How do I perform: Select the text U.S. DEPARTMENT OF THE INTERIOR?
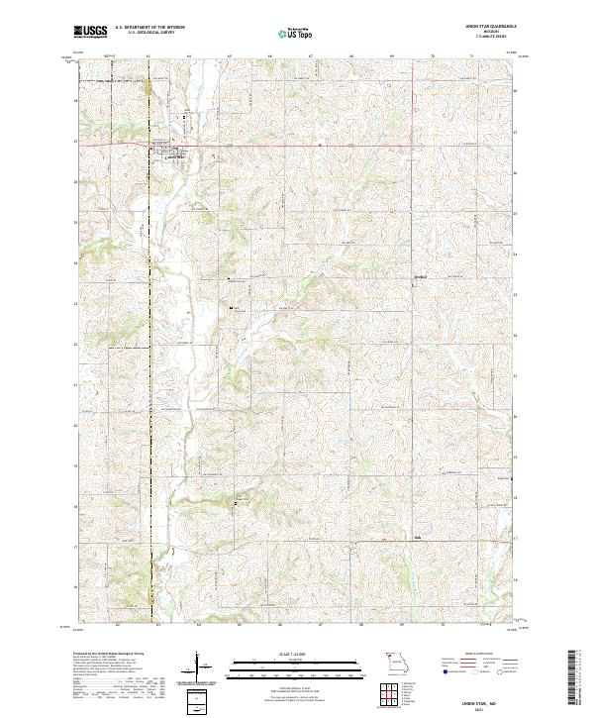(x=149, y=27)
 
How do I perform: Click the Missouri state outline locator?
(x=397, y=658)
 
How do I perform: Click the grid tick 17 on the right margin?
(x=514, y=538)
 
